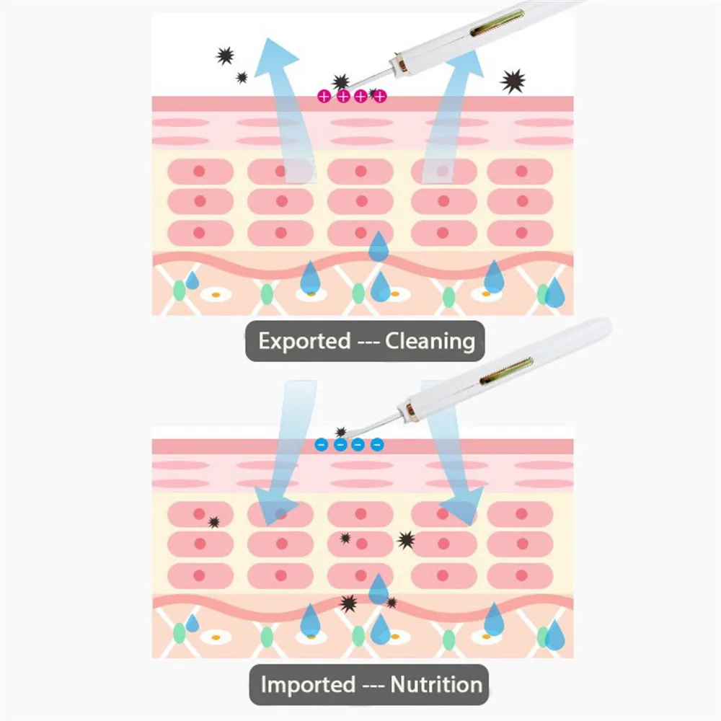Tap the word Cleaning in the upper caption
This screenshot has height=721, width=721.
point(430,340)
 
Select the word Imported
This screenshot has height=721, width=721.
point(308,684)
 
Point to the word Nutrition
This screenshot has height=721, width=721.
point(436,684)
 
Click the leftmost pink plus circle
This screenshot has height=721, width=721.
point(324,96)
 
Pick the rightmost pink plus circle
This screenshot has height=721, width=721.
point(380,96)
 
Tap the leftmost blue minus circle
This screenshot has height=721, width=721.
point(322,445)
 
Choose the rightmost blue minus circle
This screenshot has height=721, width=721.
point(376,445)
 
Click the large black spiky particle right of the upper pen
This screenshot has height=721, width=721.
point(513,81)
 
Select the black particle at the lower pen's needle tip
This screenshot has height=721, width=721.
point(341,432)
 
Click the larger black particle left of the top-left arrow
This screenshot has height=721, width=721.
point(225,55)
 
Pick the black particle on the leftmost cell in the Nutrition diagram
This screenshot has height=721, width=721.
point(213,522)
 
